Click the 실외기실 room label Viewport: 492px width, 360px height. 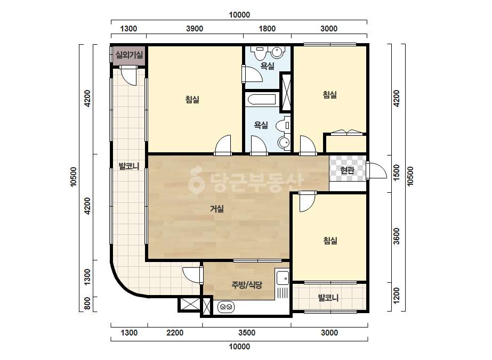130,55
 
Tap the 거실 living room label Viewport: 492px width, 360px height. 217,209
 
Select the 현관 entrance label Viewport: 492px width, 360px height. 348,170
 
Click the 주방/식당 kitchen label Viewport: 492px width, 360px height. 247,285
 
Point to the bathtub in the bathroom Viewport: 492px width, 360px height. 262,100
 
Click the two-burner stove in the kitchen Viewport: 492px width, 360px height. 226,307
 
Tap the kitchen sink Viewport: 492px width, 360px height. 283,277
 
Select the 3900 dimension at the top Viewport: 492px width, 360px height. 195,29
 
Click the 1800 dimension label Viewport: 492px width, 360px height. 267,29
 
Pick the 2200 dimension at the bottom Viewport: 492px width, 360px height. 175,333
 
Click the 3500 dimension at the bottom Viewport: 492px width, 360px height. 247,333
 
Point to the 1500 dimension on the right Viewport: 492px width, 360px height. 397,173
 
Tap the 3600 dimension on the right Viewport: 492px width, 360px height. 397,236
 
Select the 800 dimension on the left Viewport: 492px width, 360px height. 87,303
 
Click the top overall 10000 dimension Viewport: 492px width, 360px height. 239,15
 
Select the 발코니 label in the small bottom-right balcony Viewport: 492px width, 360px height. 328,298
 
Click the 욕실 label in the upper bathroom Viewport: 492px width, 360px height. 268,66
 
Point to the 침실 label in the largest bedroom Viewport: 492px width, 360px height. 192,100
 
